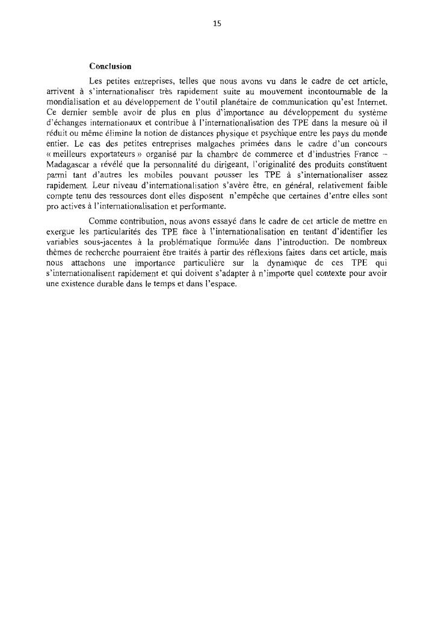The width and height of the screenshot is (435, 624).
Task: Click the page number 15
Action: [217, 23]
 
